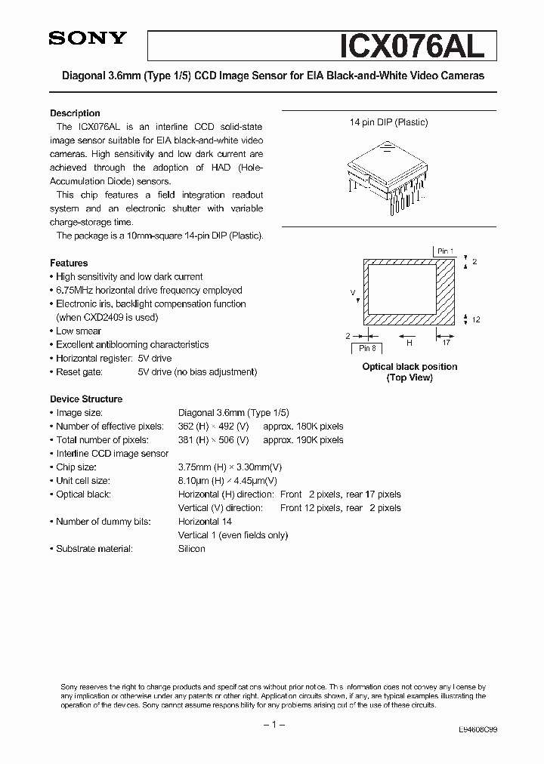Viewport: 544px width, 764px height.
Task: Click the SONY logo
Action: pyautogui.click(x=88, y=39)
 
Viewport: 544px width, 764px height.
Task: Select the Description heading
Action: pyautogui.click(x=75, y=113)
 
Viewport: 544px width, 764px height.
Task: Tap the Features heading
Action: pyautogui.click(x=69, y=263)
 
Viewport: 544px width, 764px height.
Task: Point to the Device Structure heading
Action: pyautogui.click(x=86, y=399)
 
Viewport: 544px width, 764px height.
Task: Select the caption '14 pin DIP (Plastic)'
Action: pyautogui.click(x=388, y=122)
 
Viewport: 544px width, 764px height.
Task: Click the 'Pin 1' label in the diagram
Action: pyautogui.click(x=445, y=251)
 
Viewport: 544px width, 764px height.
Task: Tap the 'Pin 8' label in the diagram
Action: pyautogui.click(x=367, y=348)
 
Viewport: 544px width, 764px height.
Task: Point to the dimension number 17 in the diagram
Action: pyautogui.click(x=447, y=342)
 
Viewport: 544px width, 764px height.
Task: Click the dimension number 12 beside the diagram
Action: pyautogui.click(x=476, y=320)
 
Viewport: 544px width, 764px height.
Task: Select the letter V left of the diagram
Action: pyautogui.click(x=353, y=291)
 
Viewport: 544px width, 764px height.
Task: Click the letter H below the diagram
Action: pyautogui.click(x=410, y=342)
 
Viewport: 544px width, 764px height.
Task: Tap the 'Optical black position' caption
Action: pyautogui.click(x=410, y=367)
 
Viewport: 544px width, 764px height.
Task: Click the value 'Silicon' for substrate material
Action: pyautogui.click(x=192, y=549)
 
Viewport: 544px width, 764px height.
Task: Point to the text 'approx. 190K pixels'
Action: pyautogui.click(x=303, y=440)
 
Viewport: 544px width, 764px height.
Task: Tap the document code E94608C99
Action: pyautogui.click(x=478, y=730)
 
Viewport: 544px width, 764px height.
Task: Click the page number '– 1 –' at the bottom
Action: pyautogui.click(x=273, y=725)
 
